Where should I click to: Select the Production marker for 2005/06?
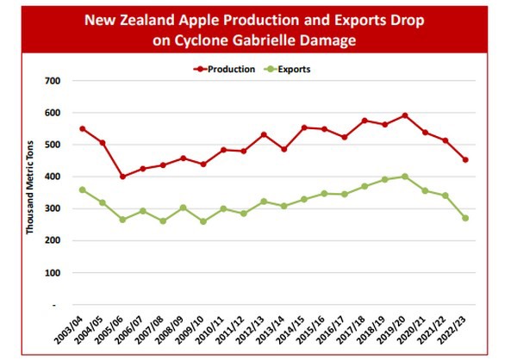122,177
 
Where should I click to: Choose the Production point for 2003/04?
83,129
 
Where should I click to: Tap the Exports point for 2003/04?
83,189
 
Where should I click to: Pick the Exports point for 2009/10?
203,221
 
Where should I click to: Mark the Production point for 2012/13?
264,134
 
